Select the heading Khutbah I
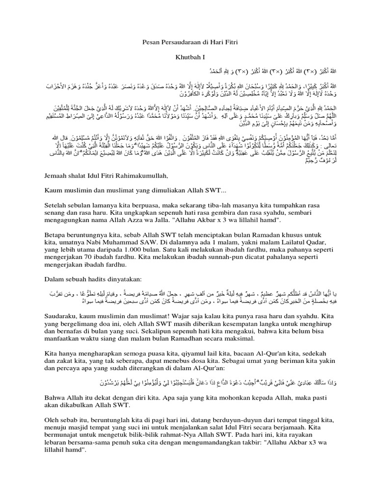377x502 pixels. click(x=188, y=57)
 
